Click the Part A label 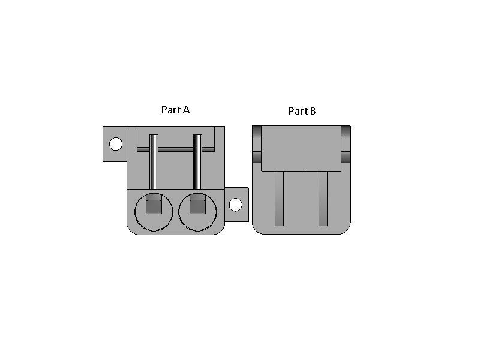[x=175, y=110]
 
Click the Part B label [x=302, y=111]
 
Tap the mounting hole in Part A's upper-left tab [x=116, y=144]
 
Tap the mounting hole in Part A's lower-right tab [x=236, y=205]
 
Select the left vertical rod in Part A [x=154, y=162]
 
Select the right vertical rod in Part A [x=197, y=162]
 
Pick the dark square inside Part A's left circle [x=154, y=206]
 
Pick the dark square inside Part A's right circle [x=197, y=206]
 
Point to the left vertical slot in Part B [x=279, y=199]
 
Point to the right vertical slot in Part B [x=323, y=199]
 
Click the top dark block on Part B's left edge [x=257, y=132]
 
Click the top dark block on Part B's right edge [x=346, y=132]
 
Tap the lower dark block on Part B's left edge [x=257, y=157]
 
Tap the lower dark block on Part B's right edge [x=346, y=157]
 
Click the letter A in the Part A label [x=186, y=110]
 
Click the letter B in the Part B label [x=313, y=111]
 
